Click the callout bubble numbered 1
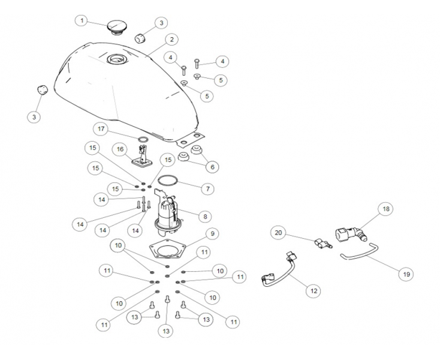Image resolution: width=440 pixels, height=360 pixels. tap(82, 21)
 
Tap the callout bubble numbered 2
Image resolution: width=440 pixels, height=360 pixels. tap(171, 40)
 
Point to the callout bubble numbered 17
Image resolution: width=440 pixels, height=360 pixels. tap(101, 129)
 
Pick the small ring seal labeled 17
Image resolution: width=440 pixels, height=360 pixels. tap(143, 139)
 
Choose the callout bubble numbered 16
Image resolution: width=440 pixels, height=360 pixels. tap(120, 149)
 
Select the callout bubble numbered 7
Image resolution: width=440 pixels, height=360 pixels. tap(207, 189)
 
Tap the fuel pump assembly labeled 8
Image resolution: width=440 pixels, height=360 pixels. tap(167, 213)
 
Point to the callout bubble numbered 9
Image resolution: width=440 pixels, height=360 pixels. tap(212, 233)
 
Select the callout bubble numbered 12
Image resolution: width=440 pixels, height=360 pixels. tap(314, 291)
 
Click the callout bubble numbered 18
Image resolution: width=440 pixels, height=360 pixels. tap(386, 209)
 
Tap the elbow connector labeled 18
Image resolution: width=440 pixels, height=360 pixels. tap(351, 233)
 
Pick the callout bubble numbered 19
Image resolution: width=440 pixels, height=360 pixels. tap(406, 274)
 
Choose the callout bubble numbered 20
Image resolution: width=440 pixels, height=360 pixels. tap(278, 233)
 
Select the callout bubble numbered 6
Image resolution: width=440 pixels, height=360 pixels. tap(212, 167)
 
